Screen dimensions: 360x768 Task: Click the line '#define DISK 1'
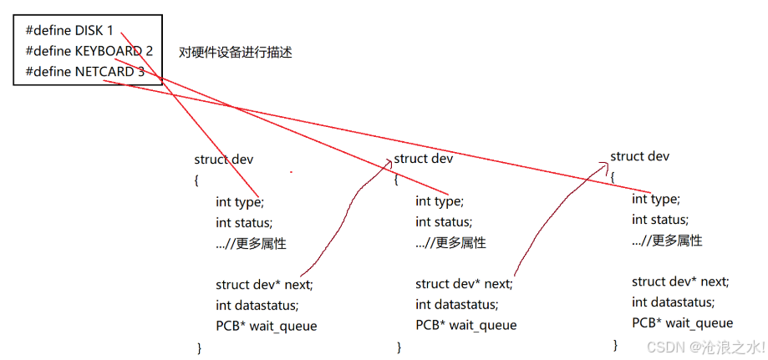click(69, 30)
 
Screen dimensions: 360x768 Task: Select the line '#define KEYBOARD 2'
click(89, 51)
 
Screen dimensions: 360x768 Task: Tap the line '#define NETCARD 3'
click(84, 72)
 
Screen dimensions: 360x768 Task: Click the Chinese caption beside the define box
click(235, 52)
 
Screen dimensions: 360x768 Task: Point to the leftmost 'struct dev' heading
click(224, 160)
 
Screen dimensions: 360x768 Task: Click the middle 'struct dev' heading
click(423, 159)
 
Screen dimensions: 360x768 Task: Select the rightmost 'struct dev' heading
click(639, 156)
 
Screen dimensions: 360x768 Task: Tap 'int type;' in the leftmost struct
click(239, 201)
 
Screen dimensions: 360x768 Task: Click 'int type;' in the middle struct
click(439, 201)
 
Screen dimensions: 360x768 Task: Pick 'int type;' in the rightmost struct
click(655, 199)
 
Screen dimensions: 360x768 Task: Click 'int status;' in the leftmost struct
click(244, 222)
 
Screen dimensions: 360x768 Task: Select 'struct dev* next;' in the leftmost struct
click(264, 284)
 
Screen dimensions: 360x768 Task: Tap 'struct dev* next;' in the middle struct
click(464, 284)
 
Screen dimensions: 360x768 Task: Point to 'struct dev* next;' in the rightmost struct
click(680, 281)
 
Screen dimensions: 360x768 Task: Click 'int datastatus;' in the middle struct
click(457, 305)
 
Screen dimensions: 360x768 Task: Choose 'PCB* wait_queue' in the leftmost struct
click(267, 326)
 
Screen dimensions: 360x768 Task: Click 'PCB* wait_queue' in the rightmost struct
click(683, 323)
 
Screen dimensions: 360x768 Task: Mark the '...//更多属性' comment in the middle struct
click(450, 243)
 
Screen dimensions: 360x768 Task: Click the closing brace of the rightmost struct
click(615, 344)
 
